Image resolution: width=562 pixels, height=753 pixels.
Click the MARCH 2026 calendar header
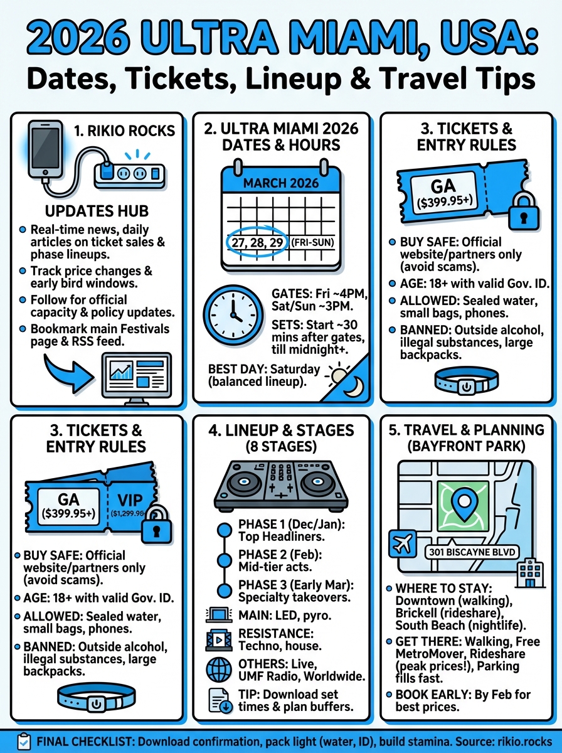point(282,183)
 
